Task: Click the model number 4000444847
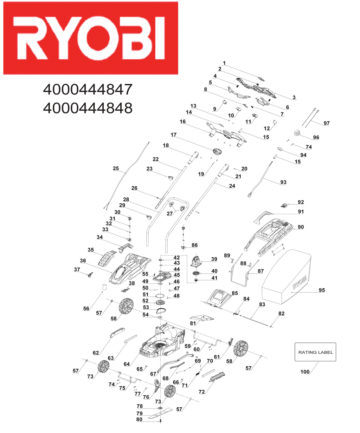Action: [88, 90]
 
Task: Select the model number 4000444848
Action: [88, 108]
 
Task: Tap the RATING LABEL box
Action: [315, 352]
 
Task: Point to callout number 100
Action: [305, 372]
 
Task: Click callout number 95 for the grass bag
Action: [322, 290]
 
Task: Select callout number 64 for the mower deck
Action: [127, 364]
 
